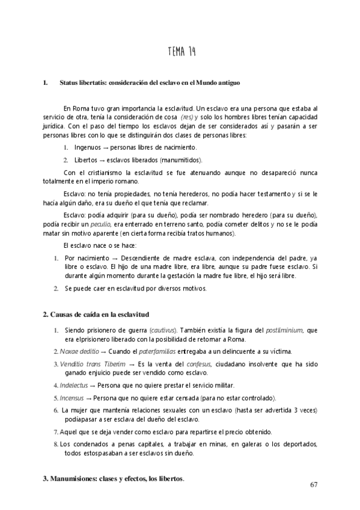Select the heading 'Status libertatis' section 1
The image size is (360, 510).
click(x=150, y=81)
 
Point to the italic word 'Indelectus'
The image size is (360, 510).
click(x=75, y=385)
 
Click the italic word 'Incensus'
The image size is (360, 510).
click(x=72, y=398)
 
